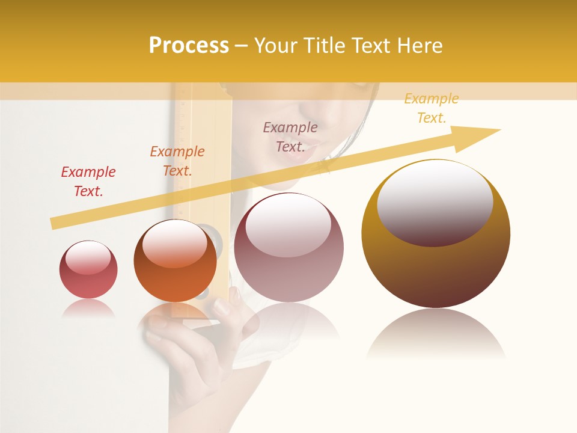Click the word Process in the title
(x=189, y=46)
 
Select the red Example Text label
(x=88, y=182)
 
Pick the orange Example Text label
(x=177, y=161)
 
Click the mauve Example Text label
(x=290, y=137)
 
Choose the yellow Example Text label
(x=432, y=108)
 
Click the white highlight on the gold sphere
(x=435, y=201)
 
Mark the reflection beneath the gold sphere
(x=436, y=334)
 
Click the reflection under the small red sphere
(x=88, y=309)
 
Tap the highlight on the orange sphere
(x=174, y=244)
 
